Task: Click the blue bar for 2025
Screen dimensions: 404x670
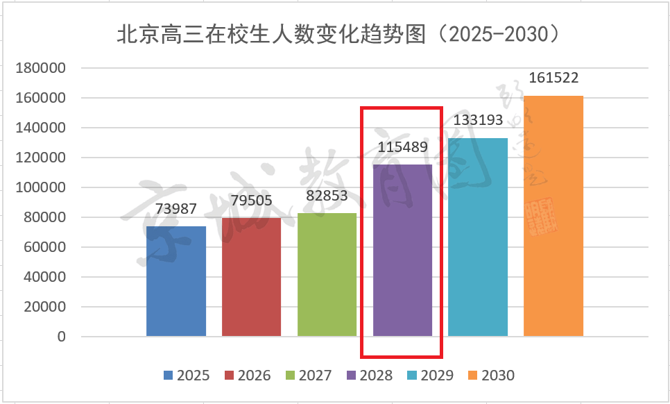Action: click(176, 281)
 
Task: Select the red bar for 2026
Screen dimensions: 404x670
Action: click(252, 277)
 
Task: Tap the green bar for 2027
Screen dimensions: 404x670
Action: click(327, 275)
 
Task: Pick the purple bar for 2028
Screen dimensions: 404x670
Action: click(402, 250)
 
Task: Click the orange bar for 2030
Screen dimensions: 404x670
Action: click(553, 216)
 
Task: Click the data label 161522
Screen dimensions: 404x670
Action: click(553, 78)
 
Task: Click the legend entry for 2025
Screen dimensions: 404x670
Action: click(187, 376)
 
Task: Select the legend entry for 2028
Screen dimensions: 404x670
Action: click(369, 376)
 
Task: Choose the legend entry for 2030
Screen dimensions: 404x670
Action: click(491, 376)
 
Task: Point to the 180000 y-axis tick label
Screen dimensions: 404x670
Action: click(41, 69)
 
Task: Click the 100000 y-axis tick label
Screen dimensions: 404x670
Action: click(41, 188)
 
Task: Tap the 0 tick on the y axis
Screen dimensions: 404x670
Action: click(61, 337)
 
